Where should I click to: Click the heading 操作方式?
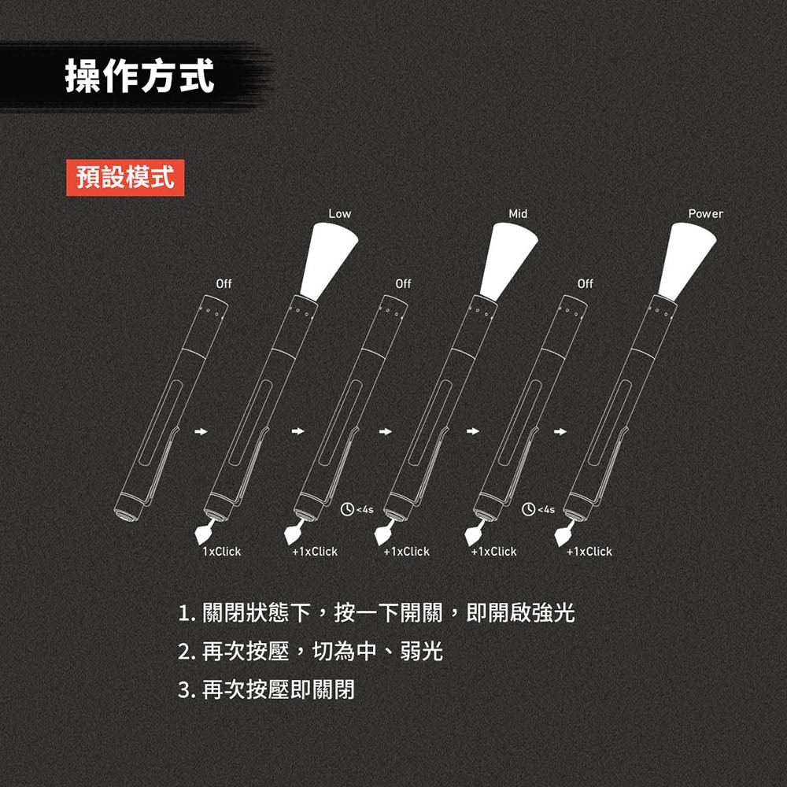139,77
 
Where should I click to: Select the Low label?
340,214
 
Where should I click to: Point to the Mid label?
518,214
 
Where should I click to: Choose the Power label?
705,214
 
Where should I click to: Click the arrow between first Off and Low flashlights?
202,431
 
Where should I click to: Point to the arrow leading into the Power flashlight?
560,431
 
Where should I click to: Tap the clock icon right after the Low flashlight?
346,509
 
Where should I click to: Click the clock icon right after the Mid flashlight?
528,509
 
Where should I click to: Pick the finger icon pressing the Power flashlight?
563,534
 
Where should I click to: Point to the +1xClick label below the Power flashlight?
589,552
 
